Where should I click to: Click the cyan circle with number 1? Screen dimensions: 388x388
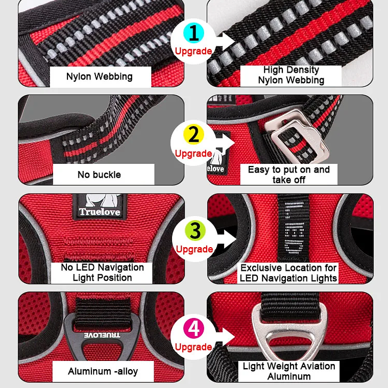193,33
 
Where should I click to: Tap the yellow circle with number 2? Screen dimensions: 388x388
193,135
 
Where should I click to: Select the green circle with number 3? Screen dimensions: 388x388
195,231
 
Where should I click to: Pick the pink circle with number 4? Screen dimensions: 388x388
194,328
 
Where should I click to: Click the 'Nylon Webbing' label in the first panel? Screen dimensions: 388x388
100,77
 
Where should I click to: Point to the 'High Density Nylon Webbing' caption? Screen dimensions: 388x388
291,75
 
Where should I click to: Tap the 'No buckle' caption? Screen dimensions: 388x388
99,175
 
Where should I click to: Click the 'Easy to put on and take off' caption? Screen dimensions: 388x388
289,175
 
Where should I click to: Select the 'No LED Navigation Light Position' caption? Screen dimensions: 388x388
102,273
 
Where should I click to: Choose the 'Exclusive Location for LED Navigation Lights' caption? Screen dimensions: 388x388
288,273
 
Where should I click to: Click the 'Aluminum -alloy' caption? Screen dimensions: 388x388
103,372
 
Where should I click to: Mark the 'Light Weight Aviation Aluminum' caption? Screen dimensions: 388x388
289,371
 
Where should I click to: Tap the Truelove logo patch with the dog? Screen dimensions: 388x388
100,206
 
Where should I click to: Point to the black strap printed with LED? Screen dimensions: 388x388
294,228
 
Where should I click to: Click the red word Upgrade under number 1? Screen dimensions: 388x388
193,51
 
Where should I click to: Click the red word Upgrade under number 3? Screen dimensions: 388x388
195,249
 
